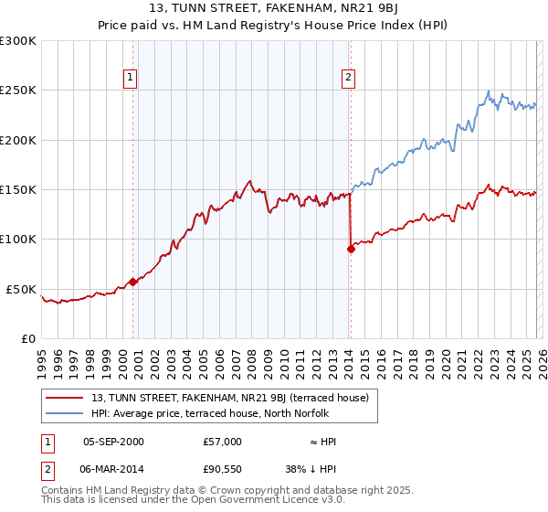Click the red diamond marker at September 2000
(132, 282)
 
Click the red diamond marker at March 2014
(350, 249)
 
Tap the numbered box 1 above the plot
(132, 79)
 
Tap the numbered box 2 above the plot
(349, 79)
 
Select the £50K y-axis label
(21, 289)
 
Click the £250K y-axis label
(18, 91)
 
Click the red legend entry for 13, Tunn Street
(229, 398)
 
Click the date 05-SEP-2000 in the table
(113, 442)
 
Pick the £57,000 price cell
(223, 442)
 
